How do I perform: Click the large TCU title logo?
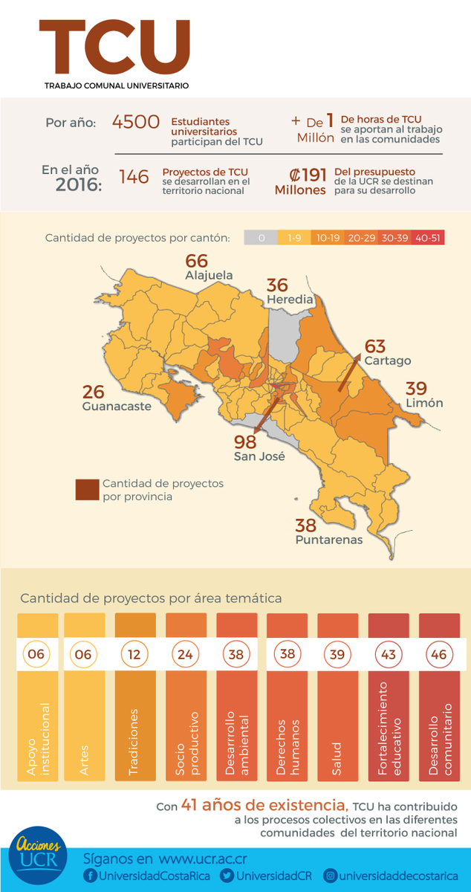click(114, 47)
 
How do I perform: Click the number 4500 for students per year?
click(136, 122)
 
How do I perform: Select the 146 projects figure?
click(134, 176)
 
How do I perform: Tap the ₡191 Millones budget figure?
click(301, 181)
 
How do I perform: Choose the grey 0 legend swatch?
click(261, 238)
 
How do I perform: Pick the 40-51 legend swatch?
click(428, 238)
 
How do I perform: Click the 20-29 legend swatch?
click(362, 238)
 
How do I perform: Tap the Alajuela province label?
click(209, 275)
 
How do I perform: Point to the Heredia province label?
click(290, 300)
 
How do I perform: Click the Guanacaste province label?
click(117, 406)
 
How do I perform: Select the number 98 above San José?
click(245, 442)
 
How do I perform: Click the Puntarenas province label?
click(329, 540)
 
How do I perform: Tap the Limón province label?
click(424, 403)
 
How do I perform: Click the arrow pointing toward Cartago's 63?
click(349, 372)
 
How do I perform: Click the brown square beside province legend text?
click(87, 489)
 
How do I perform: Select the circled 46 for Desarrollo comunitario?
click(439, 654)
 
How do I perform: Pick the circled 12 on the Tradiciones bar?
click(134, 654)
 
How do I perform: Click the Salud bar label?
click(337, 758)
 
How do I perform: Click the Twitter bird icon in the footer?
click(227, 876)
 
